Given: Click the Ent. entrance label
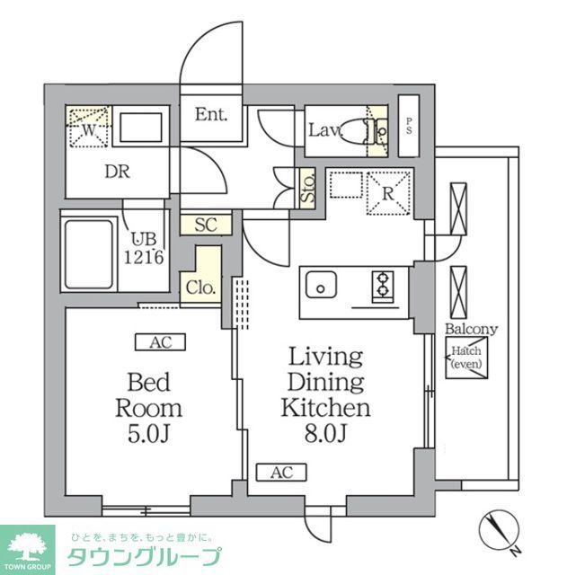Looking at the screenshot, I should click(212, 115).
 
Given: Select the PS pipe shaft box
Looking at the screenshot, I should click(410, 123).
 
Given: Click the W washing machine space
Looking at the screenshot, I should click(89, 127).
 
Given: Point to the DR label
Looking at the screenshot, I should click(117, 172).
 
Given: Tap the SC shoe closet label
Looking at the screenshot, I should click(206, 225).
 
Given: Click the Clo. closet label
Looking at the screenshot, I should click(199, 287).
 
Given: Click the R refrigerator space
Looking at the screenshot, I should click(388, 192).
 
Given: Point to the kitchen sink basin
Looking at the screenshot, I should click(319, 287).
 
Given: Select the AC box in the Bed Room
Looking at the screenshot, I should click(160, 341).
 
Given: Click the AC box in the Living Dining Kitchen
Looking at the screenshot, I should click(281, 472).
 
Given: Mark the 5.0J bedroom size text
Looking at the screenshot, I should click(148, 436).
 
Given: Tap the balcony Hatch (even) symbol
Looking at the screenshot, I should click(465, 360).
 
